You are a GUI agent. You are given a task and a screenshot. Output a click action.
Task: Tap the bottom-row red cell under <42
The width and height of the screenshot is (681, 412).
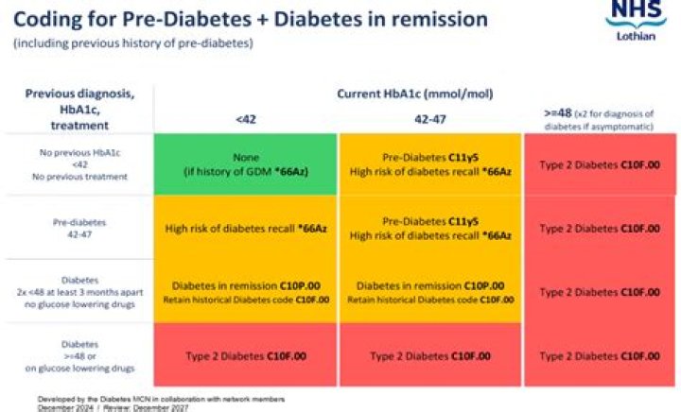coord(244,355)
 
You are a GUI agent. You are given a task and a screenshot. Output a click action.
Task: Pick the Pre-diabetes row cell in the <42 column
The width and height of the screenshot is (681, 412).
coord(244,228)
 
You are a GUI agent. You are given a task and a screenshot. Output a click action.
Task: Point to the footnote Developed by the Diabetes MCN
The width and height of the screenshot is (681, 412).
coord(161,399)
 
